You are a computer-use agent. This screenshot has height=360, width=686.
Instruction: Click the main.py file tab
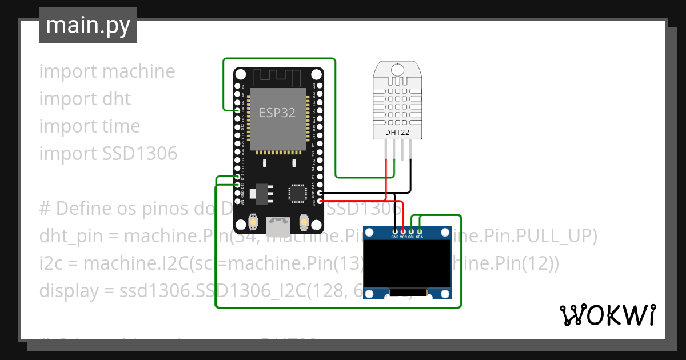point(88,25)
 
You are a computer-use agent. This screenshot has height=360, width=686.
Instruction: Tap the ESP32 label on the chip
point(277,113)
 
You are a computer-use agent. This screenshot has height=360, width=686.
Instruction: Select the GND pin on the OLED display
point(395,231)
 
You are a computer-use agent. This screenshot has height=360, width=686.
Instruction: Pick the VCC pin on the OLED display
point(404,231)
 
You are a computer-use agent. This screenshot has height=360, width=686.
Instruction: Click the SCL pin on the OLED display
point(412,231)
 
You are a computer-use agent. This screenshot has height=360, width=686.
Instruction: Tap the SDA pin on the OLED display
point(420,231)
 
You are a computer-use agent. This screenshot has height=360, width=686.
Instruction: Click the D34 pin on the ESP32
point(237,110)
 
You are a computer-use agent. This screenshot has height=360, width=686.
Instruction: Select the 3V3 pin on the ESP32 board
point(320,201)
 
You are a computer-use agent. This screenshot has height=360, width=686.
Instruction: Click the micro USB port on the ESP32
point(278,227)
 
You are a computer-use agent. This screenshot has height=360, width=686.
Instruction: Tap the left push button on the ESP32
point(253,222)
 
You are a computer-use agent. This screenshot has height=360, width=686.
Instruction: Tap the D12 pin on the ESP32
point(237,177)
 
